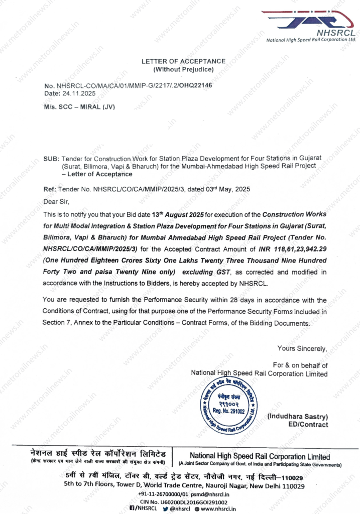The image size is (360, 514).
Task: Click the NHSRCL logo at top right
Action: coord(311,26)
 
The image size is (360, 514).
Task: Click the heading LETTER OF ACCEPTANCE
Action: coord(183,61)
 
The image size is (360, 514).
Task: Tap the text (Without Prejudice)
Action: coord(183,69)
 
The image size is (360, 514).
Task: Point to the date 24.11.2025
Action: coord(74,94)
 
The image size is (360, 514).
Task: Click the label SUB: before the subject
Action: coord(52,159)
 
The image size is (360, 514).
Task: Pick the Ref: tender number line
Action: coord(147,189)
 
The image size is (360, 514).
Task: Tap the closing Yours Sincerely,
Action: coord(302,348)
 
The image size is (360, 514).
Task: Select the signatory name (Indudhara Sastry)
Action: coord(297,417)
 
